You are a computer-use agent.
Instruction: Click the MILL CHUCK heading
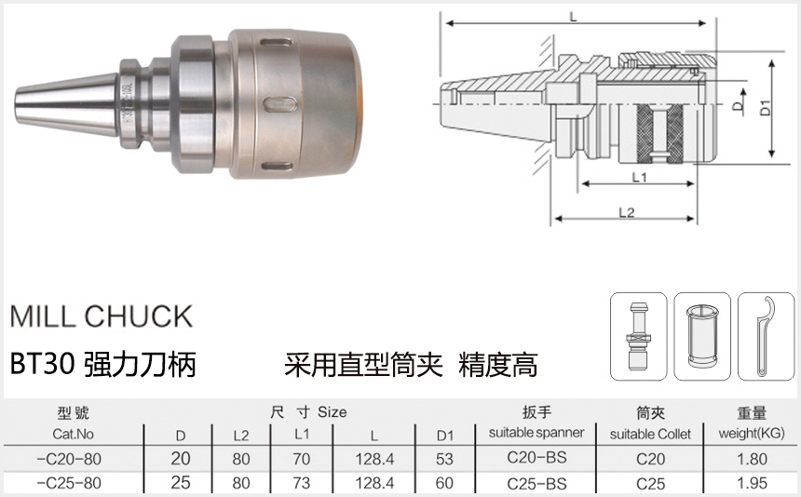click(101, 316)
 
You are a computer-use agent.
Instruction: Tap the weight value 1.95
click(751, 484)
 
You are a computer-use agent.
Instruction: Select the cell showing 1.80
click(751, 459)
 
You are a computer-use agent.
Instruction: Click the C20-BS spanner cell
click(536, 459)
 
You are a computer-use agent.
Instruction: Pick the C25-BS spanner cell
click(536, 484)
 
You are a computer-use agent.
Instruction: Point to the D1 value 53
click(443, 459)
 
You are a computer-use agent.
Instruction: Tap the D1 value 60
click(443, 484)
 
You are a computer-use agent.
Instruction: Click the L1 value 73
click(302, 484)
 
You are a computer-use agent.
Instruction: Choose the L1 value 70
click(302, 459)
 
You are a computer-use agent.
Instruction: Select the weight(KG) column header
click(751, 434)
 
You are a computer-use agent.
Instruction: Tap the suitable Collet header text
click(650, 434)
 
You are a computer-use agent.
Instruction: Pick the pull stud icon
click(638, 336)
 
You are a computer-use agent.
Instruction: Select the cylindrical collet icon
click(701, 336)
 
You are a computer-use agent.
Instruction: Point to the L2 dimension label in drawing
click(626, 212)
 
